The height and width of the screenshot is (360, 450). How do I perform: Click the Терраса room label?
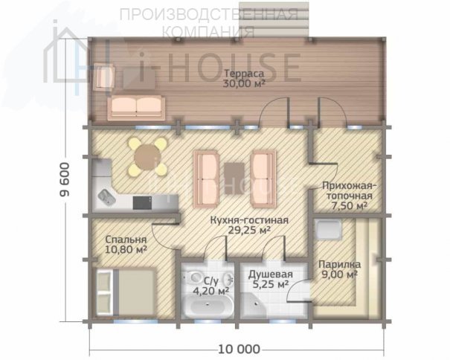click(244, 74)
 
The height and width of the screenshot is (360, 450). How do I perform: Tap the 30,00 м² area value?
click(244, 83)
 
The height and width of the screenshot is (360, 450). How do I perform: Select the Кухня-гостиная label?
click(249, 220)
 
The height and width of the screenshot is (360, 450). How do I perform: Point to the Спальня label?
click(126, 240)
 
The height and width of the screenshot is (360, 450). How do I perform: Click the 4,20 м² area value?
click(210, 291)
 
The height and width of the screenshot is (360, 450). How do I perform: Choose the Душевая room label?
click(271, 274)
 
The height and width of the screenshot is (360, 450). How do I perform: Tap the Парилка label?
click(340, 264)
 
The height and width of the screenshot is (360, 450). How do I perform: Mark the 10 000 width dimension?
click(239, 350)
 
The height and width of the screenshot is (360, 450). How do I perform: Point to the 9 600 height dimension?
click(64, 179)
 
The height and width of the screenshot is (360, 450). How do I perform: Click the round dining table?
click(147, 157)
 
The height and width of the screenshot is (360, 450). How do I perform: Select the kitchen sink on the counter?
click(107, 197)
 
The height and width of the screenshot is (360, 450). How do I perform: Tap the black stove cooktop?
click(142, 202)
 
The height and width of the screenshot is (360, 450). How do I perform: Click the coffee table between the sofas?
click(234, 179)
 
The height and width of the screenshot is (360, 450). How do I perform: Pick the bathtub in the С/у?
click(208, 307)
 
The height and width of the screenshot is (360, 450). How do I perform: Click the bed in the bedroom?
click(126, 292)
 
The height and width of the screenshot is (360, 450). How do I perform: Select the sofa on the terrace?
click(136, 108)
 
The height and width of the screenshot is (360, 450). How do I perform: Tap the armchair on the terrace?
click(105, 77)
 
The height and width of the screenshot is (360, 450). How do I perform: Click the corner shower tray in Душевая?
click(253, 306)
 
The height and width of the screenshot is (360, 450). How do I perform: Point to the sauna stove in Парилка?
click(328, 229)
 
